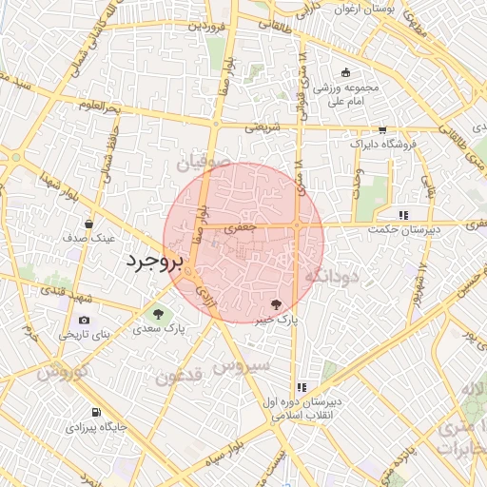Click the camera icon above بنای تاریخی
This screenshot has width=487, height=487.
85,321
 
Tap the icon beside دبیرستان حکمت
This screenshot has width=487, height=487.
404,215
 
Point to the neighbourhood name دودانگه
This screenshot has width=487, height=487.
331,276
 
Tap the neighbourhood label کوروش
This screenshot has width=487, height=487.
63,370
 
